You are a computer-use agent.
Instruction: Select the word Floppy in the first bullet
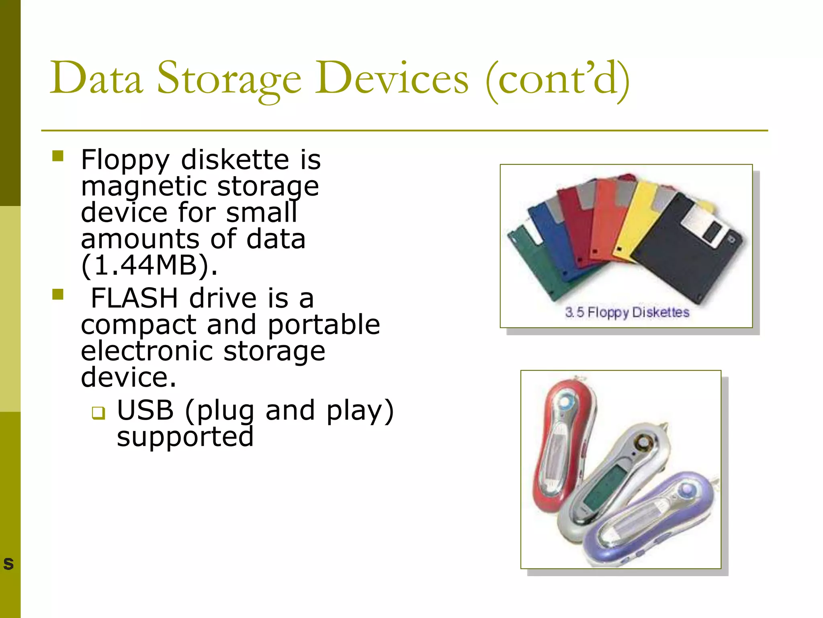coord(125,160)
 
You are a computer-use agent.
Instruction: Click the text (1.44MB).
coord(149,266)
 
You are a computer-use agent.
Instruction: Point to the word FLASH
coord(134,299)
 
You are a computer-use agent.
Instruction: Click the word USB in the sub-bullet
coord(145,411)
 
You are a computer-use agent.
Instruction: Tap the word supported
coord(185,437)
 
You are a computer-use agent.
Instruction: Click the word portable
coord(323,325)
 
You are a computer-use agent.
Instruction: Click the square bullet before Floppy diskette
coord(58,156)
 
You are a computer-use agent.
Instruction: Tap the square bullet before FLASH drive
coord(58,295)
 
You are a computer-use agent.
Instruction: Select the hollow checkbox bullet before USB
coord(98,413)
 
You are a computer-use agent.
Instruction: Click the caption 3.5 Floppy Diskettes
coord(627,313)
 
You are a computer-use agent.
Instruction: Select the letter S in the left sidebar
coord(8,564)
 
